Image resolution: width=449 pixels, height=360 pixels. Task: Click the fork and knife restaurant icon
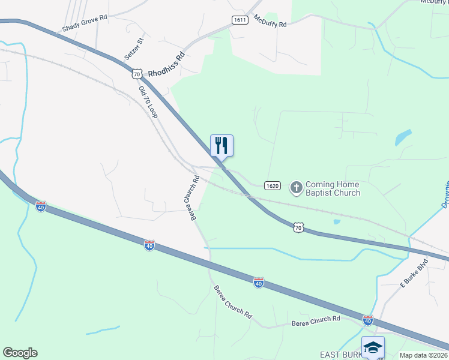(x=221, y=145)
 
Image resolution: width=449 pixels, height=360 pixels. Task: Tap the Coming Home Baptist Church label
(x=333, y=188)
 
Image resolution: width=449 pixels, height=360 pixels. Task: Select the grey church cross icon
(x=296, y=188)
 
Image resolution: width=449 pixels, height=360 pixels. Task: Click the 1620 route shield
(x=272, y=186)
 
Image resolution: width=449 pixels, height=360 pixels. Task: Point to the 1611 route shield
(x=240, y=20)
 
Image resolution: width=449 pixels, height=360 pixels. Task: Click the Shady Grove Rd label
(x=85, y=23)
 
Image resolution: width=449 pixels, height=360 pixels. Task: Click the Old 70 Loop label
(x=148, y=102)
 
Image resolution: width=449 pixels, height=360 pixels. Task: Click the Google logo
(x=20, y=353)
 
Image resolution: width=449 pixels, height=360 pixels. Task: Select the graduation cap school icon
(x=373, y=347)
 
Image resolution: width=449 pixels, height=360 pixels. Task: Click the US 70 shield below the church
(x=298, y=227)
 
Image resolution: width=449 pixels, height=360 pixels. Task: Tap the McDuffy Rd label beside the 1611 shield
(x=270, y=22)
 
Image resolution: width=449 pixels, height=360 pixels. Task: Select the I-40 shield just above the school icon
(x=367, y=320)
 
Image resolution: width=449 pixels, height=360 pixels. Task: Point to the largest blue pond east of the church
(x=403, y=138)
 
